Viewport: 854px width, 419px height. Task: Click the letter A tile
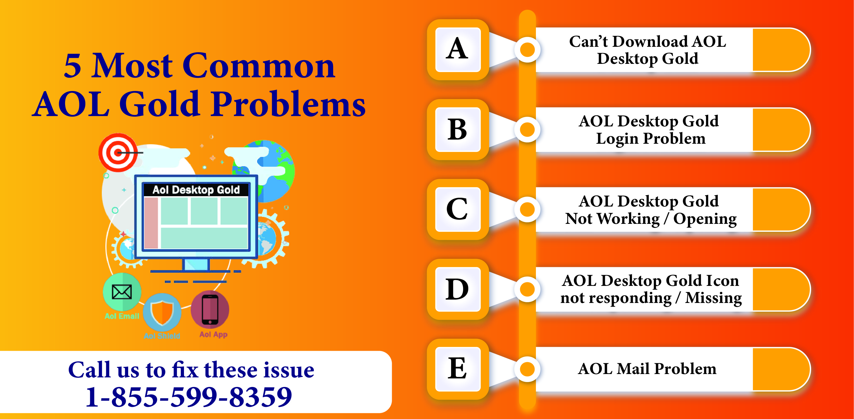pyautogui.click(x=458, y=49)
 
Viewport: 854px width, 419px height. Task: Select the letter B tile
pyautogui.click(x=458, y=129)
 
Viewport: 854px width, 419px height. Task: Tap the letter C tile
pyautogui.click(x=458, y=209)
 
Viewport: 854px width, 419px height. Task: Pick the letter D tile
pyautogui.click(x=458, y=289)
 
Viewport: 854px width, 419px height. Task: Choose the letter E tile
pyautogui.click(x=458, y=369)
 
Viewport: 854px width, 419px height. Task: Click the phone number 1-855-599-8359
pyautogui.click(x=189, y=397)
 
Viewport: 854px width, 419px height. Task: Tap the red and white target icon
pyautogui.click(x=118, y=153)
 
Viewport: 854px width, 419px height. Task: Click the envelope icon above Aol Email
pyautogui.click(x=122, y=292)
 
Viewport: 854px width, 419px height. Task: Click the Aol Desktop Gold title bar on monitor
pyautogui.click(x=196, y=190)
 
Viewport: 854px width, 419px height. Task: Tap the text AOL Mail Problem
pyautogui.click(x=647, y=369)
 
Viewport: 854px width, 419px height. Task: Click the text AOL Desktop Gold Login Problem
pyautogui.click(x=649, y=130)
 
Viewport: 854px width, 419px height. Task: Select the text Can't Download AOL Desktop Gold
pyautogui.click(x=648, y=50)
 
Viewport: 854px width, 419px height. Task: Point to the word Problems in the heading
pyautogui.click(x=288, y=104)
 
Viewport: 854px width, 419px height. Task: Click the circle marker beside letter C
pyautogui.click(x=527, y=209)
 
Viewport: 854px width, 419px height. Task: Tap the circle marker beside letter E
pyautogui.click(x=527, y=369)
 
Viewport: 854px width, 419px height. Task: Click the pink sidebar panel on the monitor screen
pyautogui.click(x=151, y=223)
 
